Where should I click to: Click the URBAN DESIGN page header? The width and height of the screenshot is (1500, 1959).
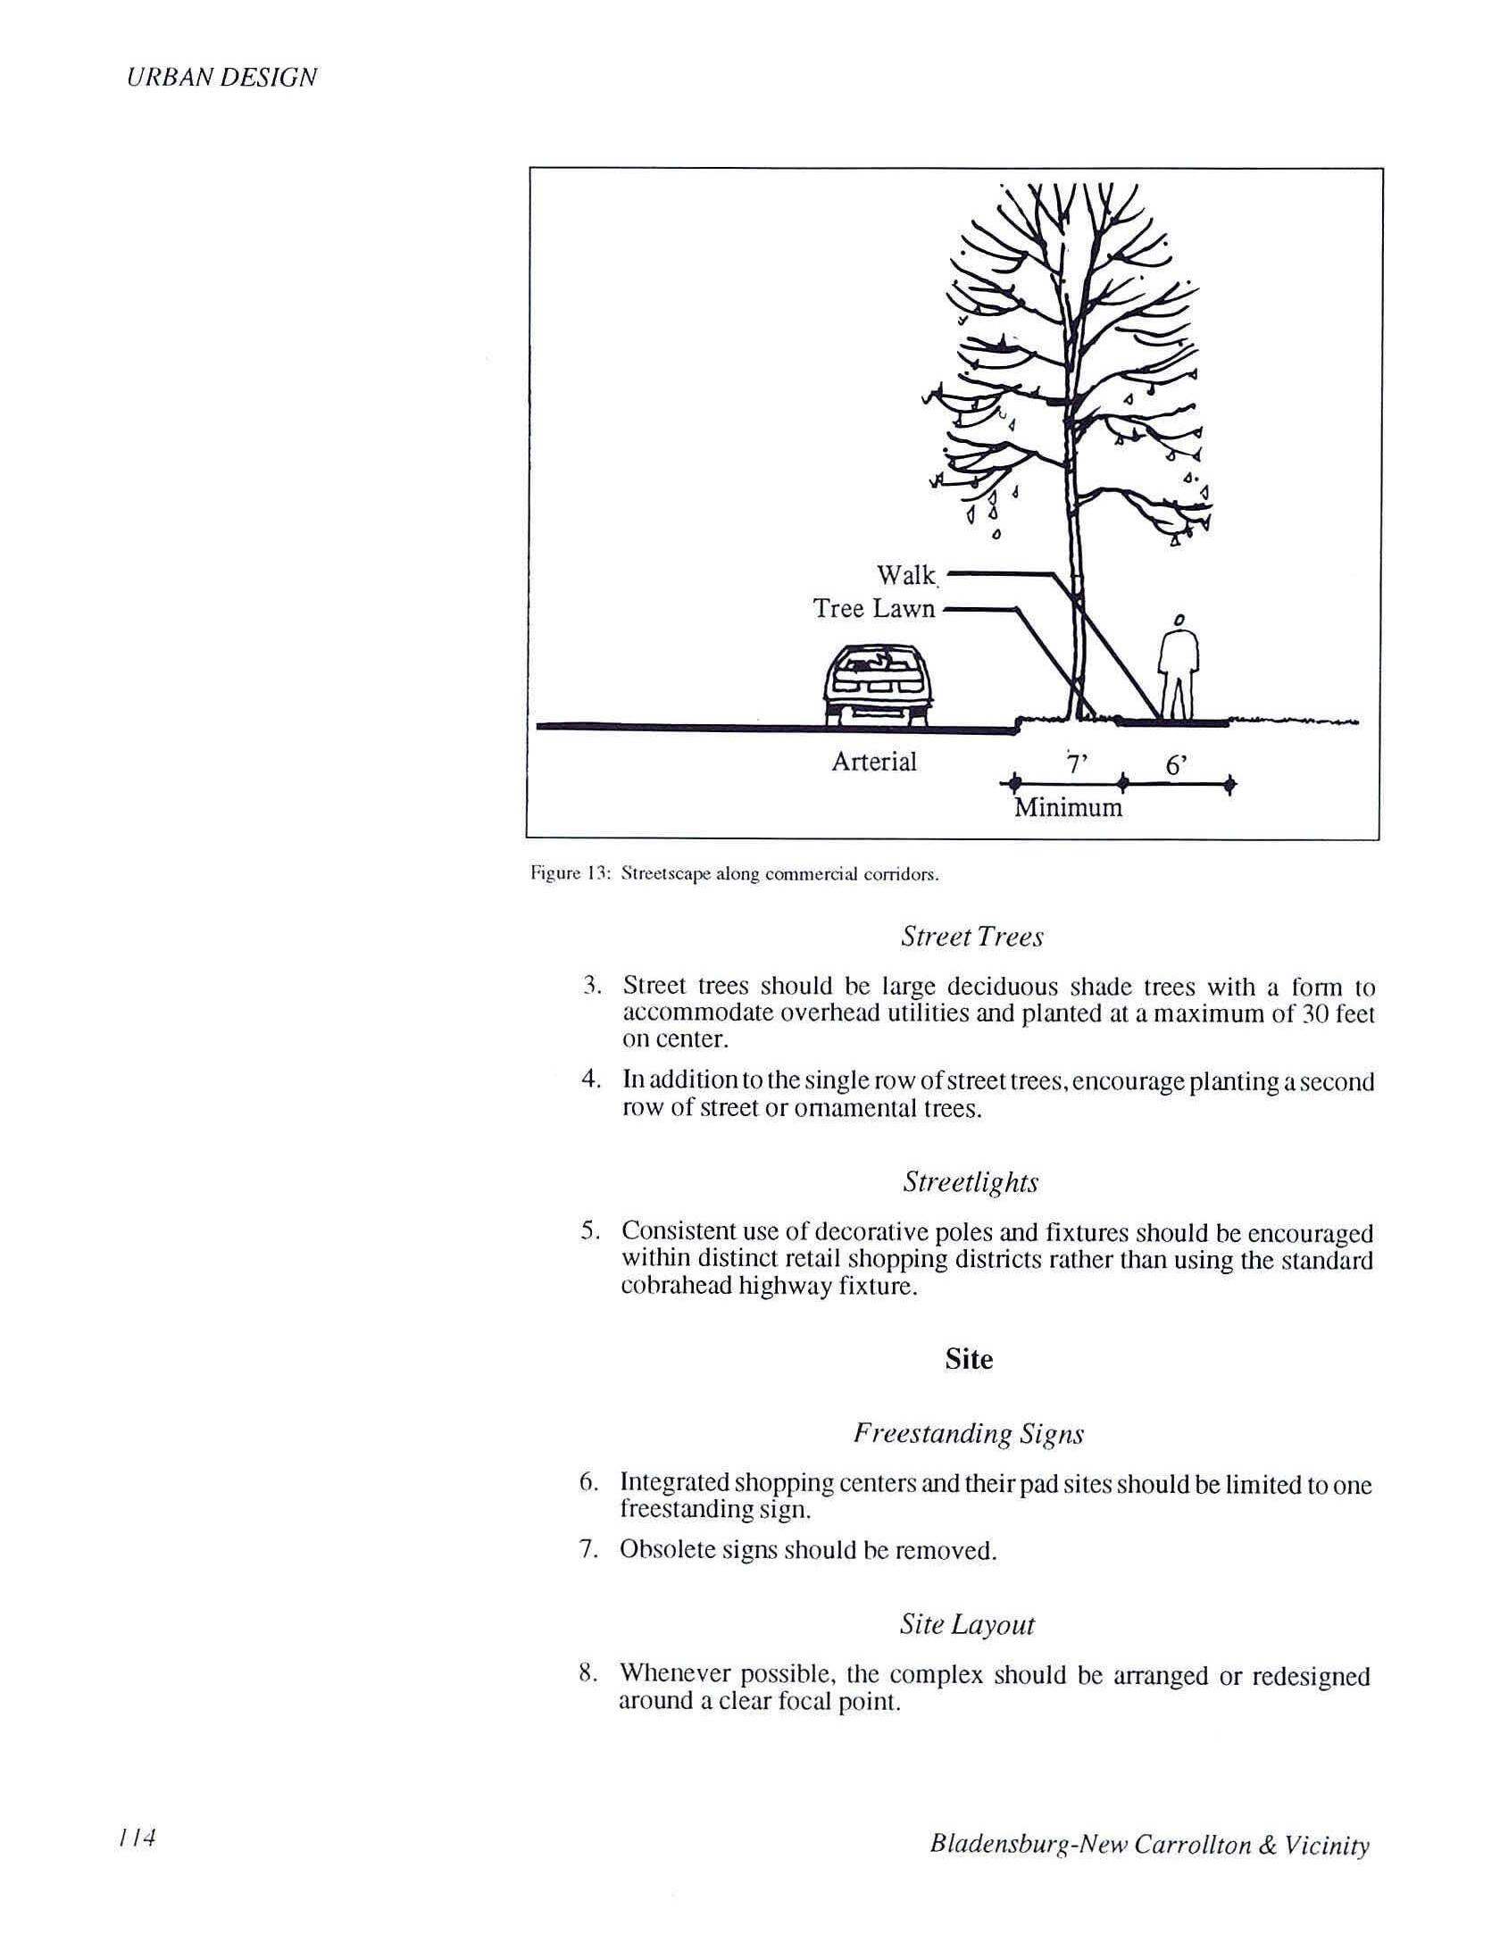[x=221, y=78]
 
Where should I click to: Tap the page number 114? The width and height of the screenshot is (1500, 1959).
[x=137, y=1838]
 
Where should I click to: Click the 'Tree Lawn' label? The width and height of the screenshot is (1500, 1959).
[x=873, y=609]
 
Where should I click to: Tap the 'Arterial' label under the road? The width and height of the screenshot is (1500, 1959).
[x=874, y=762]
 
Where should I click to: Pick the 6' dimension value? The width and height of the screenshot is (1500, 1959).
[x=1176, y=765]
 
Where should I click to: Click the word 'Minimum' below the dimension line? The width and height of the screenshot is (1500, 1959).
[x=1068, y=808]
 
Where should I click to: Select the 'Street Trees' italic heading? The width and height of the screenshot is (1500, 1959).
[x=971, y=937]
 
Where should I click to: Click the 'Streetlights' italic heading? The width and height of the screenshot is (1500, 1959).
[x=971, y=1182]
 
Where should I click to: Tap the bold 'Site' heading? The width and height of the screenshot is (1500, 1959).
[x=969, y=1359]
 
